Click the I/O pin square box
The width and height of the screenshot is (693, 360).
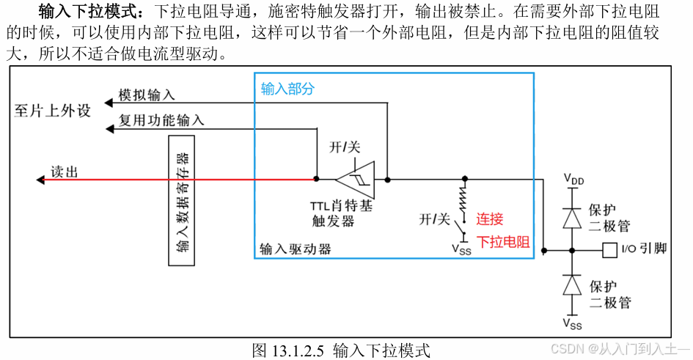tap(609, 250)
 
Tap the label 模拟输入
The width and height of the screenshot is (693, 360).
tap(147, 95)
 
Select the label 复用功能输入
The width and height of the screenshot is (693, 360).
tap(161, 120)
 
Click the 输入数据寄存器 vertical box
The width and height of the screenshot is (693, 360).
tap(183, 199)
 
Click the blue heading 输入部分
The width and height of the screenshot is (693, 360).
tap(287, 89)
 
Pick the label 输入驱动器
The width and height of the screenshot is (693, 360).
tap(296, 249)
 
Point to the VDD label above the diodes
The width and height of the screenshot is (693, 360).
tap(573, 178)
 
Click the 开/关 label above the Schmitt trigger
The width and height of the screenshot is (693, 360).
tap(345, 147)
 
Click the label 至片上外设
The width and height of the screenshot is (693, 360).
tap(53, 111)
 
